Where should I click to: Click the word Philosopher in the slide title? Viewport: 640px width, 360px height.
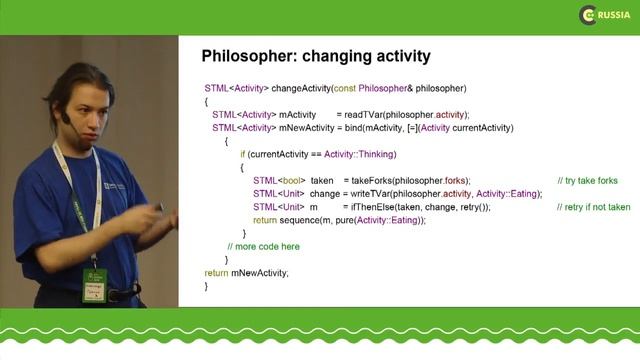pos(250,56)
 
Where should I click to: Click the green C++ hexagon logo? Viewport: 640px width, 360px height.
pos(588,15)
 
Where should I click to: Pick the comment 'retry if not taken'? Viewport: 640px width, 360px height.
pos(594,207)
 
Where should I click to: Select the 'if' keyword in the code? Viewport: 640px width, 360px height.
pos(242,154)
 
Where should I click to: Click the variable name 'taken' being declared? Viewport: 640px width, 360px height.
pos(322,180)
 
